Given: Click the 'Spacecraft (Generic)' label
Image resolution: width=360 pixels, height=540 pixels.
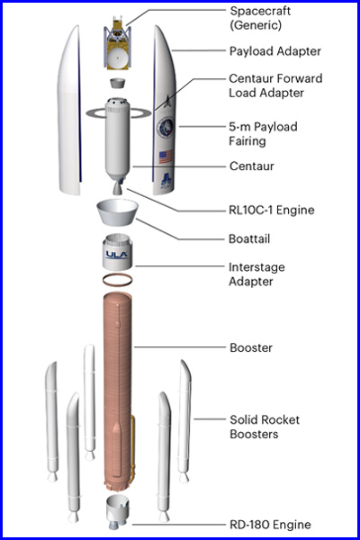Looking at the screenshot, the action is [x=260, y=18].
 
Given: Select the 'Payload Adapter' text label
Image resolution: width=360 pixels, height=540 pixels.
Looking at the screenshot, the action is [x=275, y=51].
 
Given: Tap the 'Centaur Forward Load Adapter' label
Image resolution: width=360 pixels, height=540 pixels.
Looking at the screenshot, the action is [x=275, y=85].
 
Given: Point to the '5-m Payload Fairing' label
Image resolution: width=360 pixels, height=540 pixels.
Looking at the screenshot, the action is [x=263, y=133].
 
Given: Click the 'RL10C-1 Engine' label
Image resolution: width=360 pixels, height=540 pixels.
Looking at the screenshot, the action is [x=272, y=210].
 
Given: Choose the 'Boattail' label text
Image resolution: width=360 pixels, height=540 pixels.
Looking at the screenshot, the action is [x=249, y=238].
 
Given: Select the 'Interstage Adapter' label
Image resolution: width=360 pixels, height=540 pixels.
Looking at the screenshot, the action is [x=256, y=274].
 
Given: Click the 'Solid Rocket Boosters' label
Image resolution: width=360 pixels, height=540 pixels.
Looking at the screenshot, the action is [x=265, y=427].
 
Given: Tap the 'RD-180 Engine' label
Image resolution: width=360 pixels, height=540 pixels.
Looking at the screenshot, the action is [x=270, y=525].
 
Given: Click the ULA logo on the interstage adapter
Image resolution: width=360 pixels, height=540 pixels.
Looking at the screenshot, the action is [x=117, y=255].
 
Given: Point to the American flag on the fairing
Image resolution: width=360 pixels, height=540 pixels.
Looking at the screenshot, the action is [x=166, y=157].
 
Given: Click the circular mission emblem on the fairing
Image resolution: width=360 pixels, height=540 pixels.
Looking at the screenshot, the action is [x=166, y=128].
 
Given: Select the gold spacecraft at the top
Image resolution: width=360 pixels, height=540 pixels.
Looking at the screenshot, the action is [x=117, y=42].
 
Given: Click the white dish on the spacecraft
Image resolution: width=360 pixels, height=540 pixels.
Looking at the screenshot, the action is [x=118, y=59].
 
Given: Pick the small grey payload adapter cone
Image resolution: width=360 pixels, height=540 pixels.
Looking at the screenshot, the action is [x=118, y=83].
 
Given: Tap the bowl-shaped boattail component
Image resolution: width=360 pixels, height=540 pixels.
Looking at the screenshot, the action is [x=118, y=212].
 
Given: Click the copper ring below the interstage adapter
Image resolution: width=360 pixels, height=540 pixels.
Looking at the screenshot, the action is [x=118, y=280].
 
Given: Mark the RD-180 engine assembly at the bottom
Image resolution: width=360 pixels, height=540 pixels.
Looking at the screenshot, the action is [x=118, y=512].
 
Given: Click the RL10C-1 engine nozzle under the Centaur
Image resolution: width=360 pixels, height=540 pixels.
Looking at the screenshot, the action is [x=118, y=188].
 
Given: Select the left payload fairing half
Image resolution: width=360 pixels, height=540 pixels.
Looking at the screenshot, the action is [x=69, y=110].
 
